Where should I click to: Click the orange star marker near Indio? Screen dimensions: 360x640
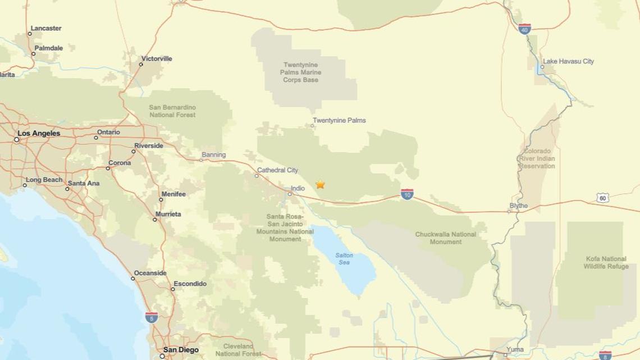tap(320, 184)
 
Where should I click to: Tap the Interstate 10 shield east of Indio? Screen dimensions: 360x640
tap(408, 195)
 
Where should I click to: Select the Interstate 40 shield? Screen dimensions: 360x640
tap(524, 29)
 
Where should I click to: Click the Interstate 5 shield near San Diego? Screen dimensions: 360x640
tap(150, 317)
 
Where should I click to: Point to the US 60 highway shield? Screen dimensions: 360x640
tap(602, 198)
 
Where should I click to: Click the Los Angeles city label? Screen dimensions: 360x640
tap(39, 134)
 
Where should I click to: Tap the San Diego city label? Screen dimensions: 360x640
tap(180, 350)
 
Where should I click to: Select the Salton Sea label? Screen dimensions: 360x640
tap(344, 259)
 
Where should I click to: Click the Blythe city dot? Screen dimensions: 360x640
tap(509, 212)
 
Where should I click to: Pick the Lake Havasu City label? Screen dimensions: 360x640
tap(568, 62)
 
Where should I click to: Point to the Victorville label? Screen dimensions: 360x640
tap(157, 58)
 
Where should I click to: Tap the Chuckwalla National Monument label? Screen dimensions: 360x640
tap(446, 238)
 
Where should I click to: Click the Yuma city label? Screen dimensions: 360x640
tap(515, 349)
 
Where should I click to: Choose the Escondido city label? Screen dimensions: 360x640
tap(190, 284)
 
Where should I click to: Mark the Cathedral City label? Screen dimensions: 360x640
tap(277, 170)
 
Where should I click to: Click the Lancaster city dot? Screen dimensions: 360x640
tap(30, 34)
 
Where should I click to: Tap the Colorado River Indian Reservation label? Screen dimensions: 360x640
tap(537, 158)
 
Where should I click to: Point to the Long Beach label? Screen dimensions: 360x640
tap(45, 180)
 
